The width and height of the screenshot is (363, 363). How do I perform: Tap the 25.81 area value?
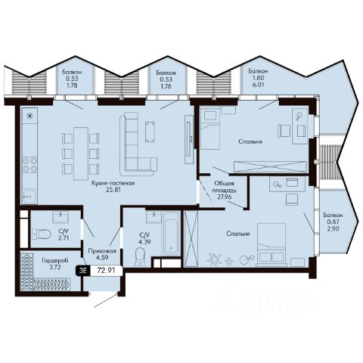pos(113,190)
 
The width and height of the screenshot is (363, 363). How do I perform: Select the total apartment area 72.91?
pos(106,271)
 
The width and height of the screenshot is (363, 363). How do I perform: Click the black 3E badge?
pos(83,271)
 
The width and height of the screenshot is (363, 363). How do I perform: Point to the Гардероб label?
pos(55,260)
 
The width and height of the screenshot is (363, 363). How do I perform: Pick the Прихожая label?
pos(102,251)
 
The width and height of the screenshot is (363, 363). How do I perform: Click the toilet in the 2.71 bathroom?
pos(42,234)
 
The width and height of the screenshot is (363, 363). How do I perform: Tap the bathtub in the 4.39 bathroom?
pos(171,233)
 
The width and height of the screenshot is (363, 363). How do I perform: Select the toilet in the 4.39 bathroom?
pos(139,256)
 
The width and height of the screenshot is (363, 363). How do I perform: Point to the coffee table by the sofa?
pos(150,132)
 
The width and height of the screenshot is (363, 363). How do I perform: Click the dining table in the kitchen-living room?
pos(81,154)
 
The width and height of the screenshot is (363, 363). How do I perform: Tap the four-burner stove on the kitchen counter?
pos(29,165)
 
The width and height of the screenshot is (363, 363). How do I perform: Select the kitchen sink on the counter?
pos(29,197)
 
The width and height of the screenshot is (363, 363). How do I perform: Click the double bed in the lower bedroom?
pos(271,244)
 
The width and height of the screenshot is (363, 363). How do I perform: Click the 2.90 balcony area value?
pos(334,228)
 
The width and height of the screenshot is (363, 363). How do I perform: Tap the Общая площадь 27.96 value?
pos(225,197)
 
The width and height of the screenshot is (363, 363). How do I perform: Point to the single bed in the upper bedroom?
pos(210,129)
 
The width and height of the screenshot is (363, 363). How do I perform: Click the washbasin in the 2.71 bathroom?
pos(60,217)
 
